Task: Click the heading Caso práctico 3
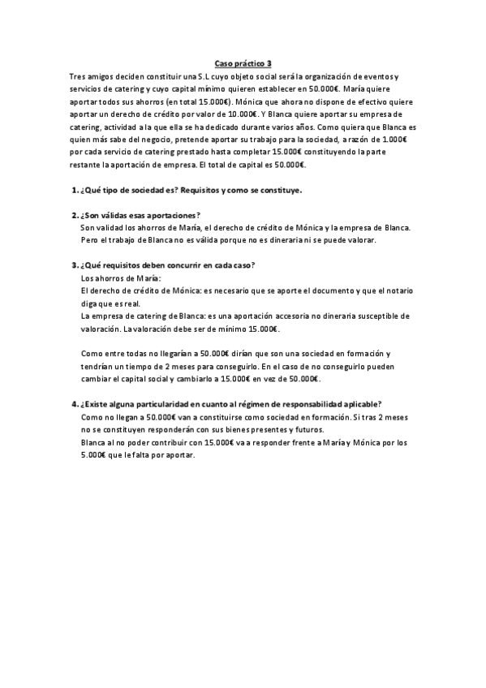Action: [x=243, y=62]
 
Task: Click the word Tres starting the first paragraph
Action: [x=79, y=75]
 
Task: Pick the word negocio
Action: [x=154, y=140]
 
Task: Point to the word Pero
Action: [x=90, y=240]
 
